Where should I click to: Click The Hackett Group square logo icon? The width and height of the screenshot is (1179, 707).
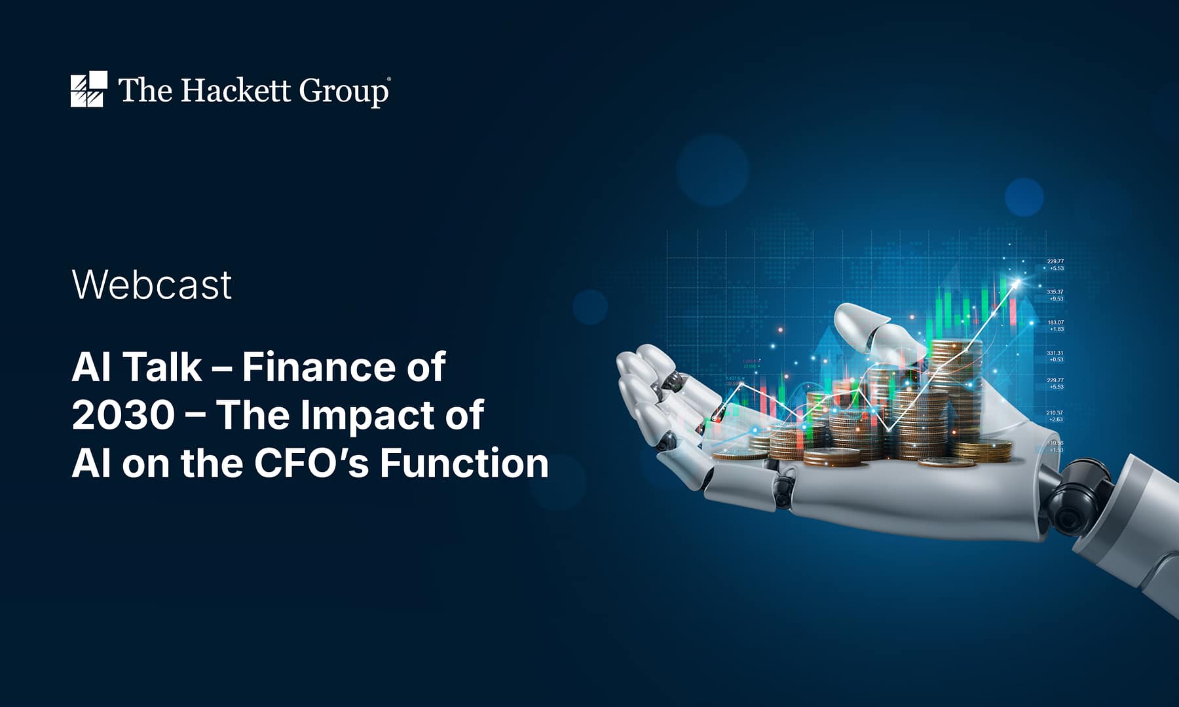[x=88, y=89]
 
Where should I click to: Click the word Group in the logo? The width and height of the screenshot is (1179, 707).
[x=343, y=92]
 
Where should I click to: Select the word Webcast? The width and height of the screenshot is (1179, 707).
[x=152, y=285]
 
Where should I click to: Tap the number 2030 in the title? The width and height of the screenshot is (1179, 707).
[x=123, y=415]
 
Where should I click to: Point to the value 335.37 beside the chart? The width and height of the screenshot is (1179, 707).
[x=1055, y=292]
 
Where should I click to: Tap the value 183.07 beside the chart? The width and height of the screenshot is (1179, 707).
[x=1055, y=322]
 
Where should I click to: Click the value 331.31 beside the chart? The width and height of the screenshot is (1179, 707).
[x=1055, y=353]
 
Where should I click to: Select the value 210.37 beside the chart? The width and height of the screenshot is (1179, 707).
[x=1055, y=413]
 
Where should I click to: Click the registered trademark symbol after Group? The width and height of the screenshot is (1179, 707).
[x=390, y=79]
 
